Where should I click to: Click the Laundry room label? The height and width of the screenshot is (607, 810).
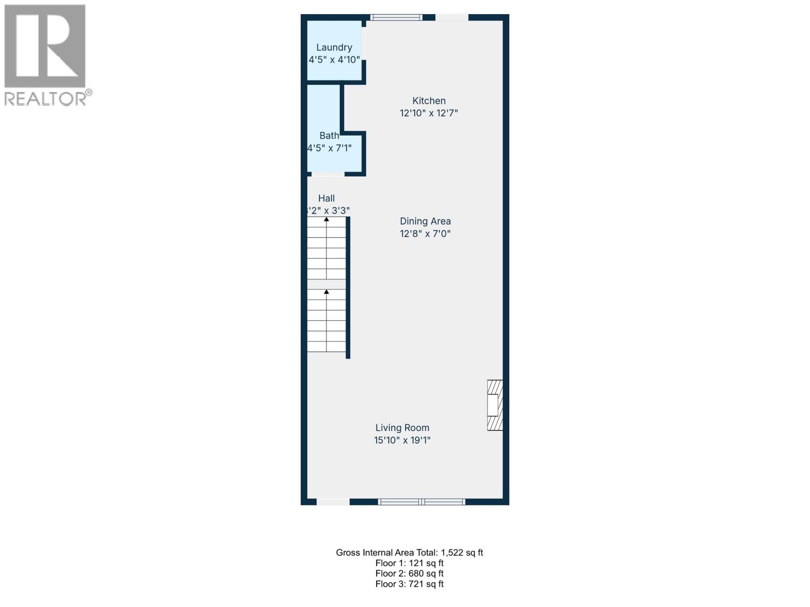coord(334,48)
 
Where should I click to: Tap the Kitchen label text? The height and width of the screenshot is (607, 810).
coord(429,101)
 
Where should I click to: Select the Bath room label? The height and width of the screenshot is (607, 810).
coord(329,136)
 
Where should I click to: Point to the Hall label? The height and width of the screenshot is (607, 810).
coord(327,198)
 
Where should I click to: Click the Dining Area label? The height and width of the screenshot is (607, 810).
coord(425,221)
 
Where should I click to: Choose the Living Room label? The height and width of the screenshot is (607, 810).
coord(402,428)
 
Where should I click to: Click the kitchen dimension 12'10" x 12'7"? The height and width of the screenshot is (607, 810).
coord(429,113)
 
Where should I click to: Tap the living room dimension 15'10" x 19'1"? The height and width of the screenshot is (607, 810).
coord(402,441)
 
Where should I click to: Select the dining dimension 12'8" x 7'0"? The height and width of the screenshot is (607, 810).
coord(425,234)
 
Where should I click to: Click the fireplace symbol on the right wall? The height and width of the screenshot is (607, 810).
coord(495,405)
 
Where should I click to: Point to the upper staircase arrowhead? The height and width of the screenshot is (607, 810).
coord(327,220)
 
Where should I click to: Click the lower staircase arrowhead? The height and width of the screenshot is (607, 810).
coord(327,292)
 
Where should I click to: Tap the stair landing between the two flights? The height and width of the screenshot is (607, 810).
coord(327,284)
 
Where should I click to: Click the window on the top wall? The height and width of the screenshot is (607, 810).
coord(396,17)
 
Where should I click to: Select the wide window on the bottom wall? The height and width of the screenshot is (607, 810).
coord(422,502)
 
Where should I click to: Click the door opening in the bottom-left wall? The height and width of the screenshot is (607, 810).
coord(333,502)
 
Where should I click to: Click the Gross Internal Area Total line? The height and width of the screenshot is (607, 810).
coord(409,553)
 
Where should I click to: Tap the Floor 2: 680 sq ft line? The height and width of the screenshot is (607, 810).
coord(409,574)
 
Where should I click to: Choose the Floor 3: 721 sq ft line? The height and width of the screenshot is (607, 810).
coord(409,584)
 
